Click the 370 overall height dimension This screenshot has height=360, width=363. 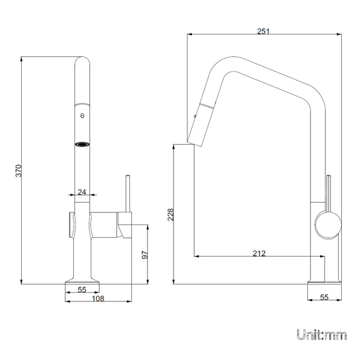[x=19, y=171]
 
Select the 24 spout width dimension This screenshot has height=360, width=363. [x=82, y=192]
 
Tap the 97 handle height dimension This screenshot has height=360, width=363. [x=145, y=255]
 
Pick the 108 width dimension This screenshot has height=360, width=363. [x=98, y=298]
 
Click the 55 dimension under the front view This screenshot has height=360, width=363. [x=81, y=290]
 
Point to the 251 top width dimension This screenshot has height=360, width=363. [x=263, y=31]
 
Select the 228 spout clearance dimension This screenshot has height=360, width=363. [x=171, y=215]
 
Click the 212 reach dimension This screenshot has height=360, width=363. [x=259, y=254]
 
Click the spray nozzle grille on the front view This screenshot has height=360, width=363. [x=82, y=144]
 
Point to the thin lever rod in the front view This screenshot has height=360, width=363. [x=128, y=194]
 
